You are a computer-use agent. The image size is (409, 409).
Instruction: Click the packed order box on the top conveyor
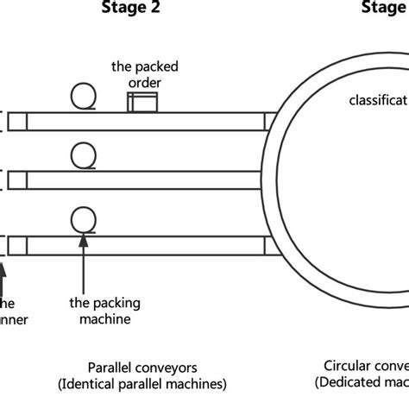pyautogui.click(x=142, y=103)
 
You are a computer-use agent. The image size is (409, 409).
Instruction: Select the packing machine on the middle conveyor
pyautogui.click(x=83, y=156)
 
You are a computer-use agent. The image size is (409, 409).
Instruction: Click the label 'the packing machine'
pyautogui.click(x=104, y=311)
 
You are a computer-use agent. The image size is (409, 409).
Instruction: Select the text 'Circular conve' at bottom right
pyautogui.click(x=366, y=365)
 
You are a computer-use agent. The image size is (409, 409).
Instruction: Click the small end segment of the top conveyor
pyautogui.click(x=17, y=122)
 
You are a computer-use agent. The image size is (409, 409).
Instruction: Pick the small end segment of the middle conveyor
pyautogui.click(x=17, y=180)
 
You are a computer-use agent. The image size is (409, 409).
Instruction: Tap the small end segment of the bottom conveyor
pyautogui.click(x=17, y=245)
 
